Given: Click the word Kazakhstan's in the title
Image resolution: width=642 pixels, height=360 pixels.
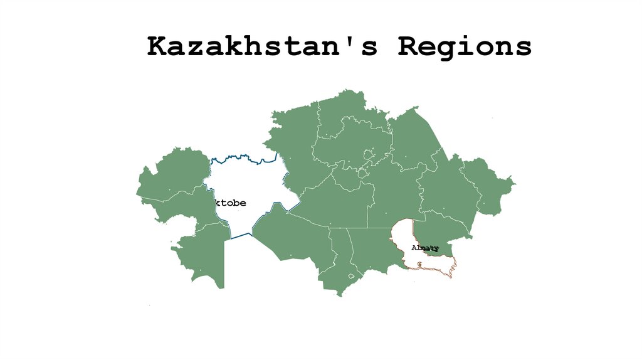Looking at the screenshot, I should tap(262, 46).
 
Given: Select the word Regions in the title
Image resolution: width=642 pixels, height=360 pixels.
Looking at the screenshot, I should tap(465, 46).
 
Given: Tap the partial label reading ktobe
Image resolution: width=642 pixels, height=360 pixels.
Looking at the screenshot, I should tap(230, 203).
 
